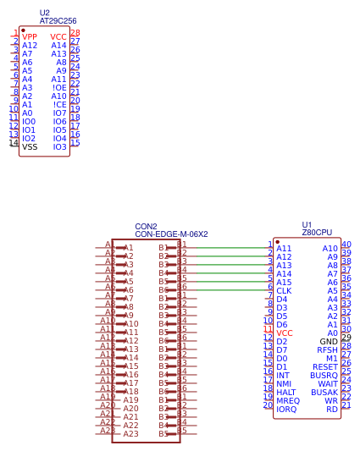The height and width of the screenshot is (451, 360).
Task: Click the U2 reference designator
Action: point(45,13)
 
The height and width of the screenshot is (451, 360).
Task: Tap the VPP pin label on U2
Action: point(30,37)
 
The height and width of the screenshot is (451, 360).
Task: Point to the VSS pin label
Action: point(30,146)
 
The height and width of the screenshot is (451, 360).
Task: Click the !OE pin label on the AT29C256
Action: point(59,88)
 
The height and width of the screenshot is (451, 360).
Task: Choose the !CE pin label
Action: point(59,105)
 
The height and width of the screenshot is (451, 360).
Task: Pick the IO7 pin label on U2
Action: point(59,113)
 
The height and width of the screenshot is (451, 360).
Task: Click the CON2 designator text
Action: point(146,227)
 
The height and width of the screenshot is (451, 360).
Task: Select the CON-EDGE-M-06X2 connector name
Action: point(171,234)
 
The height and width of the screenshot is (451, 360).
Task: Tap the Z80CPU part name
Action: point(316,232)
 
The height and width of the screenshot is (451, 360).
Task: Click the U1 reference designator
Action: point(307,224)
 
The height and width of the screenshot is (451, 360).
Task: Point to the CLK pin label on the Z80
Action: point(284,291)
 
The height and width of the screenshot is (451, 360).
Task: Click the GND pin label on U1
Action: point(329,341)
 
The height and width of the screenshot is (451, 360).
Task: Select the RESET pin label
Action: point(324,366)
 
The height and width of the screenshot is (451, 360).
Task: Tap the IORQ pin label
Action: point(286,410)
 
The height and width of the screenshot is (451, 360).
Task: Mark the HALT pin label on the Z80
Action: point(285,392)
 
